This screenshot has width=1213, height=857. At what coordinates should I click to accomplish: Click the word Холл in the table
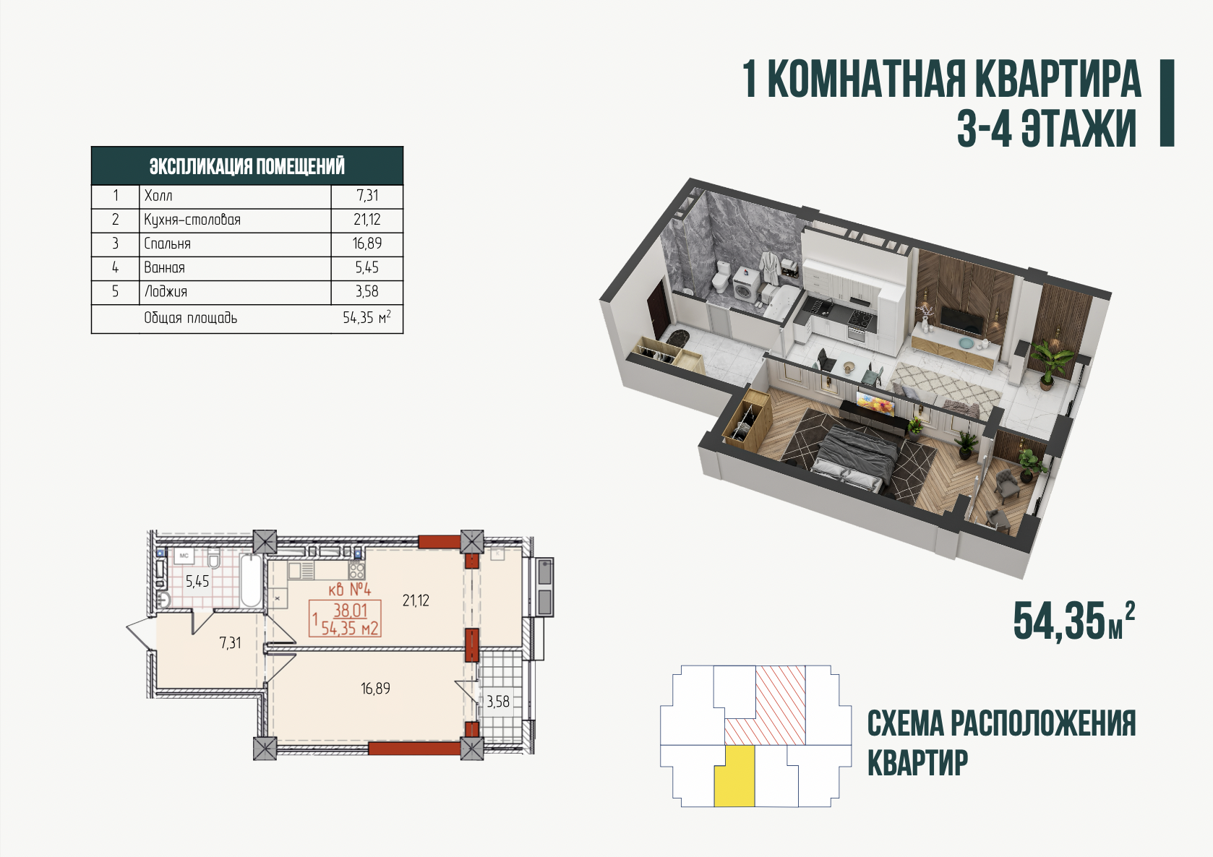158,195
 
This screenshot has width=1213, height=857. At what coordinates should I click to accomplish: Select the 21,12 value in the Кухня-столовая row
367,219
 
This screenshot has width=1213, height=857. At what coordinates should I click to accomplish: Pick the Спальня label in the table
167,244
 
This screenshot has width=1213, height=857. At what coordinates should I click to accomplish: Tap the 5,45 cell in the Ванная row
367,267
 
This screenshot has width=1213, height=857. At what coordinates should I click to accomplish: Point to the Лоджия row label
166,291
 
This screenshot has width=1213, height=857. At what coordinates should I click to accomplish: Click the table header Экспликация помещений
247,166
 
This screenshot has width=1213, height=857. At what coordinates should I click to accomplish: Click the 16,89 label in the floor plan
375,689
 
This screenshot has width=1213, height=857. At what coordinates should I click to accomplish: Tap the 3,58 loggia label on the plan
498,702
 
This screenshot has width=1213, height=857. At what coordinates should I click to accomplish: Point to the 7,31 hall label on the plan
230,642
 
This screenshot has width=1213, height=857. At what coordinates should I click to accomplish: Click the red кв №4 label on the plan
350,589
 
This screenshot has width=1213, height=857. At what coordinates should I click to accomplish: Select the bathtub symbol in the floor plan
252,580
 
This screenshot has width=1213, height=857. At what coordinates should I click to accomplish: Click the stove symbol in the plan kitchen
357,570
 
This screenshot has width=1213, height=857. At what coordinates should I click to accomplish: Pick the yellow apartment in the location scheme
734,776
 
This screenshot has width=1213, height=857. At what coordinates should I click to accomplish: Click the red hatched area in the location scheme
780,705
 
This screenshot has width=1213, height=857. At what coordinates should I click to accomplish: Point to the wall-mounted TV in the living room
961,319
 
